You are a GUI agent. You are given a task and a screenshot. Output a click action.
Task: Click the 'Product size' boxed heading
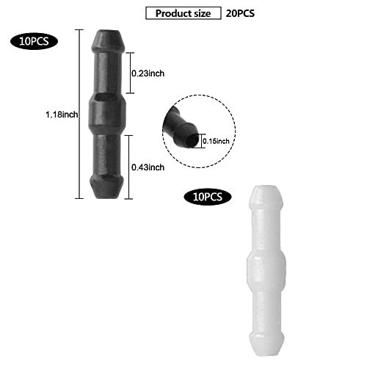[183, 13]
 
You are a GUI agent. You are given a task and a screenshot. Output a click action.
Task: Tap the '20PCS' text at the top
[240, 13]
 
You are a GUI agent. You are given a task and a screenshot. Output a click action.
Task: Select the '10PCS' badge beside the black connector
[34, 41]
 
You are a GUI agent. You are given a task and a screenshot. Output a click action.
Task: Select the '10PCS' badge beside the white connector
[208, 197]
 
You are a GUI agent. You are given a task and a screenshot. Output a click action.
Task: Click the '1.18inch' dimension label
[62, 115]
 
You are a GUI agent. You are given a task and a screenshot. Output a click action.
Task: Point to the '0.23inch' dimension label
[148, 73]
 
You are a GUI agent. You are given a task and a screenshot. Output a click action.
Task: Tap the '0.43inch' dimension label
[148, 167]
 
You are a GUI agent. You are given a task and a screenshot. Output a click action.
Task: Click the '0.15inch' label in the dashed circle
[216, 141]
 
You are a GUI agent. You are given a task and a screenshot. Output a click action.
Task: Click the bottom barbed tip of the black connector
[107, 186]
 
